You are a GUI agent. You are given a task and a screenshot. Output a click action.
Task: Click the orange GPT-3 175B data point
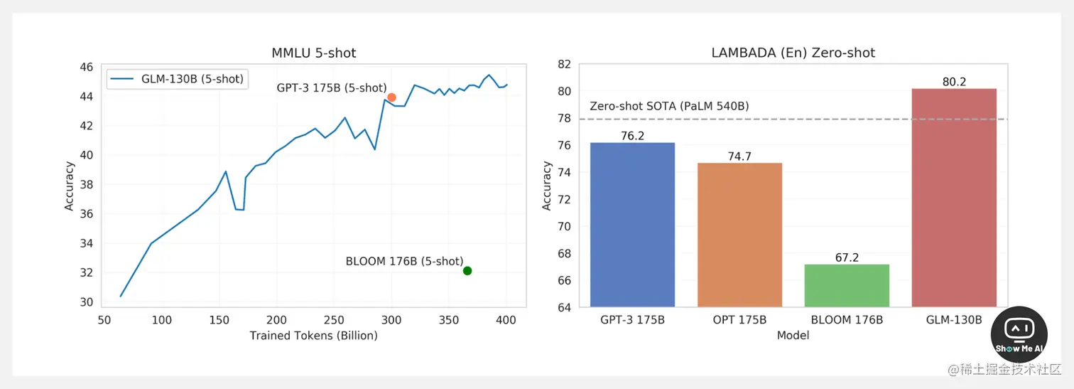[x=391, y=97]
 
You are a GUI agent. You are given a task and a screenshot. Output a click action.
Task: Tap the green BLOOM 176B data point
[x=467, y=270]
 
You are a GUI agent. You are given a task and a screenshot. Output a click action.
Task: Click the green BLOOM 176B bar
[x=846, y=285]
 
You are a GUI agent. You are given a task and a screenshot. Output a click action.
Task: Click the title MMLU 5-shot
[x=314, y=53]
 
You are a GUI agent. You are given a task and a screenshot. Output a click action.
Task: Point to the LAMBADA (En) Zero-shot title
[x=793, y=53]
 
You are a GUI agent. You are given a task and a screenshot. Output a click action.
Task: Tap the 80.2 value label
[x=954, y=82]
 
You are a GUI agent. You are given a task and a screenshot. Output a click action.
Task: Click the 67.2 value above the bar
[x=847, y=257]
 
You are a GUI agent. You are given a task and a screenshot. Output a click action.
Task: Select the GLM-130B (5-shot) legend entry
[x=178, y=79]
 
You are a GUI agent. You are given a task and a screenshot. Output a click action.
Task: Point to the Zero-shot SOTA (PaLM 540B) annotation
[x=669, y=107]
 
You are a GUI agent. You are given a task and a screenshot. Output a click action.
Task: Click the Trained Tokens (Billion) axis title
[x=313, y=336]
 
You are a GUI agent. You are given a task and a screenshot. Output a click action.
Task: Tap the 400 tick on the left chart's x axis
[x=506, y=321]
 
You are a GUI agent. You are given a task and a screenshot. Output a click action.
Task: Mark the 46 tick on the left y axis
[x=85, y=67]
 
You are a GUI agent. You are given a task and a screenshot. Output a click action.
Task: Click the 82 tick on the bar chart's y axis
[x=564, y=64]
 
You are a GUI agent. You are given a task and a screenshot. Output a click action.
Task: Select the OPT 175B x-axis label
[x=739, y=320]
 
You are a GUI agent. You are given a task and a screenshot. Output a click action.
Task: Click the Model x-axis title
[x=793, y=335]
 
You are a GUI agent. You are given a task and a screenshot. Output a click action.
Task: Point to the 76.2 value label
[x=631, y=136]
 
